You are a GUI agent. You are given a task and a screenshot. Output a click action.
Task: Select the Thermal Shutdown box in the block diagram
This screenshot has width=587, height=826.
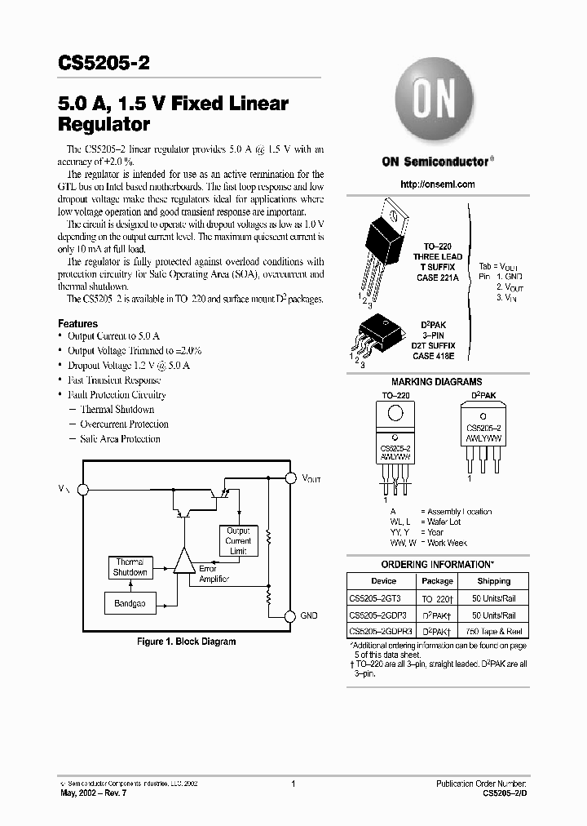[x=130, y=567]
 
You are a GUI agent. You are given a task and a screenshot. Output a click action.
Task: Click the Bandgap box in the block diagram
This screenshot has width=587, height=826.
[x=130, y=604]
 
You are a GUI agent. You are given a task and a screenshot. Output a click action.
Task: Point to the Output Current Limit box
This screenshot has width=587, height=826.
[x=238, y=540]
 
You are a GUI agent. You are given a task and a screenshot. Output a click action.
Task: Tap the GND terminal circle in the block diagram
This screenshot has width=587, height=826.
[x=289, y=615]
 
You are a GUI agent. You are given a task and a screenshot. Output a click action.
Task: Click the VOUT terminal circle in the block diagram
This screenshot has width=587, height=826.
[x=289, y=477]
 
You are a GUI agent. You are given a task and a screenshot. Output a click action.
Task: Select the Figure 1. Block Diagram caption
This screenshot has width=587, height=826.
[x=186, y=642]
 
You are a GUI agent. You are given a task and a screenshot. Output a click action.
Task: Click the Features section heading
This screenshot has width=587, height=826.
[x=78, y=324]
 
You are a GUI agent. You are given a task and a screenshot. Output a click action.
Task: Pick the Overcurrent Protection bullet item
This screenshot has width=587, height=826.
[x=124, y=424]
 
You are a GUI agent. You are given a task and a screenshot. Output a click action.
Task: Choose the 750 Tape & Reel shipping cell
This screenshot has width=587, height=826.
[x=494, y=632]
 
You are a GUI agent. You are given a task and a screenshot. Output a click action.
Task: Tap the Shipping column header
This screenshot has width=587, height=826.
[x=494, y=581]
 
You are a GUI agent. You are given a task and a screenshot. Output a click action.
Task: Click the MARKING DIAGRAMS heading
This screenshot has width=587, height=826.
[x=436, y=382]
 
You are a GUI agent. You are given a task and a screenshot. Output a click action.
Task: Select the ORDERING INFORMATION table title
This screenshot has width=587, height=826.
[x=437, y=565]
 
